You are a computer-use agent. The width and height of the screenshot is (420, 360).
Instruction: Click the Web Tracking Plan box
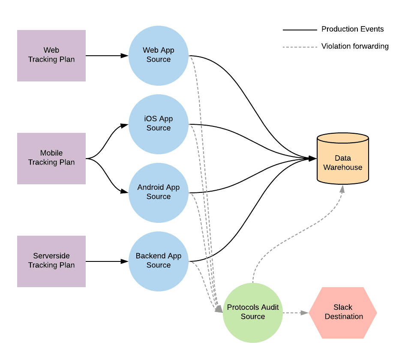point(51,55)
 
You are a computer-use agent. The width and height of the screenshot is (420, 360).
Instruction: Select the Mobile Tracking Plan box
point(51,158)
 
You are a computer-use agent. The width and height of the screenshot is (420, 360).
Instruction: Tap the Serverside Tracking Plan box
point(51,261)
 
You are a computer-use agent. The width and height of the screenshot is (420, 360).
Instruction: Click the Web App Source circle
point(159,55)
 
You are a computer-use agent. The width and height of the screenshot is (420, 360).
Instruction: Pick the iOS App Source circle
point(159,124)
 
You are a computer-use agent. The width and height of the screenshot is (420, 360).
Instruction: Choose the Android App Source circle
point(159,192)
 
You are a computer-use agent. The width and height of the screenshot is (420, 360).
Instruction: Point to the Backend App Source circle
point(159,261)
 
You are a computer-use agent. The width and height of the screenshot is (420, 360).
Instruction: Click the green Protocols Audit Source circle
point(253,312)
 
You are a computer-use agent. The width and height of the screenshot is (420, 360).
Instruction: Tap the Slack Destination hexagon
point(343,312)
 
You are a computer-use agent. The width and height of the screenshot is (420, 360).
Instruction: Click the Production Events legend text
point(352,29)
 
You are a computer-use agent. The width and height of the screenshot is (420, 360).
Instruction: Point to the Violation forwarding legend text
point(355,46)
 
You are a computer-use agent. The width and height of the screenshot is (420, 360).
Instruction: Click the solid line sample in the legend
point(300,30)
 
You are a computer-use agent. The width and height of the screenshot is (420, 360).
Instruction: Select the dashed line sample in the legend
point(300,47)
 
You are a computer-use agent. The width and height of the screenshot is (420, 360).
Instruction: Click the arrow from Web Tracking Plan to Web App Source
point(107,55)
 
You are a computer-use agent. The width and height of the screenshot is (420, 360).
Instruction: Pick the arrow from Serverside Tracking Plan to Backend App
point(107,261)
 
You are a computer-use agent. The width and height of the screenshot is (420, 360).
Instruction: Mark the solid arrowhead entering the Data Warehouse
point(312,159)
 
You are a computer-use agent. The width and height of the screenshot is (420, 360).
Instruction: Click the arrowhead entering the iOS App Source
point(125,126)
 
